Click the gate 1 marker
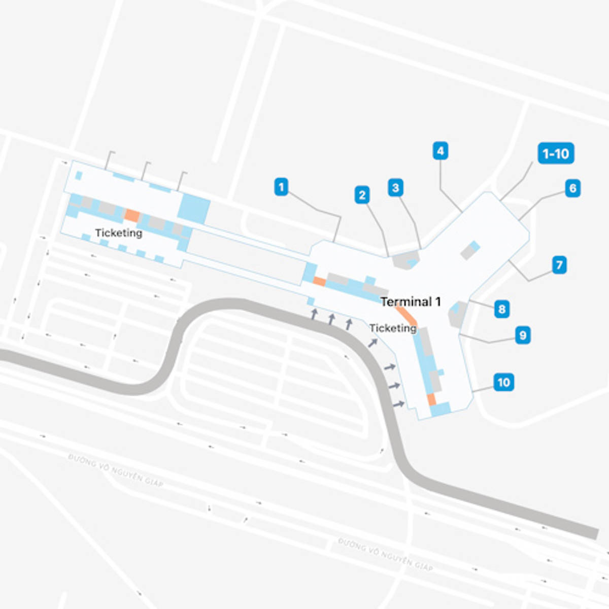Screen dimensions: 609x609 tap(281, 187)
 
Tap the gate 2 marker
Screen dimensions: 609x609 tap(362, 195)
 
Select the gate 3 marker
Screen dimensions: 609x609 tap(395, 188)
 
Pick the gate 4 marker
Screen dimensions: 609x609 tap(440, 151)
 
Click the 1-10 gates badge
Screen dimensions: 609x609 tap(556, 153)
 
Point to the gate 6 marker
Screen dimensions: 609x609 tap(572, 188)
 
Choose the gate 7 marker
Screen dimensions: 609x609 tap(559, 265)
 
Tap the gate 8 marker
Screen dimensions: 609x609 tap(501, 309)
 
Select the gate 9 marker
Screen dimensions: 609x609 tap(523, 335)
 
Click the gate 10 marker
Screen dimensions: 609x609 tap(503, 382)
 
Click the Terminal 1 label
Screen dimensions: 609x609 tap(411, 302)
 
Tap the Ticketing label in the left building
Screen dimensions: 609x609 tap(119, 233)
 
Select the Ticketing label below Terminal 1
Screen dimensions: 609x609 tap(393, 328)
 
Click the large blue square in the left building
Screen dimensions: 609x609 tap(194, 209)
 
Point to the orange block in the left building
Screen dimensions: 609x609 tap(132, 215)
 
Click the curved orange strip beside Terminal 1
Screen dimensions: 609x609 tap(407, 315)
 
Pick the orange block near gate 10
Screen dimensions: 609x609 tap(431, 399)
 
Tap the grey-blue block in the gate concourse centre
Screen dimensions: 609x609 tap(470, 250)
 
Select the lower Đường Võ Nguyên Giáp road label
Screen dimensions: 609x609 tap(386, 555)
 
